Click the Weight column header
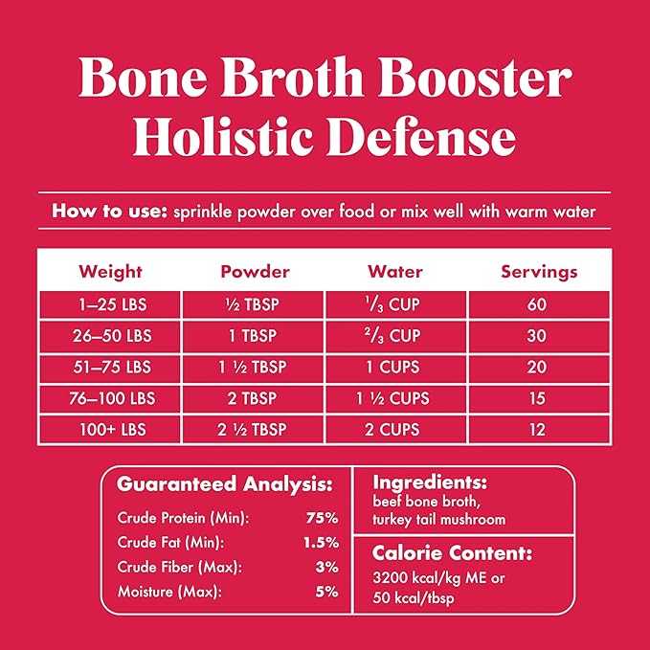111,271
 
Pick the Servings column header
539,271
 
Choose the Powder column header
255,271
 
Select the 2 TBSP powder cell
255,398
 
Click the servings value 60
539,306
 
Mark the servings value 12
539,429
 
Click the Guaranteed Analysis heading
225,484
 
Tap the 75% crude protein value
323,518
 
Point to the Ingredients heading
430,482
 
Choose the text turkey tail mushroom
439,519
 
